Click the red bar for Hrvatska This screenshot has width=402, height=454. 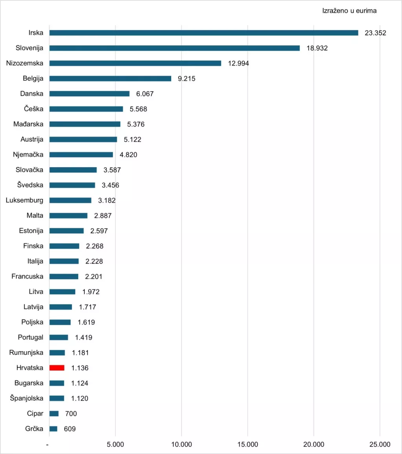(x=57, y=368)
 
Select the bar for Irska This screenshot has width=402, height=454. (x=204, y=33)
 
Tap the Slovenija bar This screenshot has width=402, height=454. (x=175, y=48)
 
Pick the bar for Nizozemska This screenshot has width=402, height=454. (x=135, y=63)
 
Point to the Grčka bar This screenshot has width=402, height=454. (x=53, y=429)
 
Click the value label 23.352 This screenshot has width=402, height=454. (x=375, y=33)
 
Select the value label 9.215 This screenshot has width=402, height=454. (x=186, y=79)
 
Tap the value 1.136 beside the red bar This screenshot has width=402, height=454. (x=80, y=368)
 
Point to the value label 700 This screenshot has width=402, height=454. (x=71, y=414)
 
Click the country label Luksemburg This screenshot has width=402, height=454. (x=25, y=200)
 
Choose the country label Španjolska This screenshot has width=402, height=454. (x=27, y=399)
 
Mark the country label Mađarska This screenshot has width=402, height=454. (x=28, y=124)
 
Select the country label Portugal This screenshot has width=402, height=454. (x=31, y=338)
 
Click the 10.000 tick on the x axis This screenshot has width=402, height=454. (x=181, y=445)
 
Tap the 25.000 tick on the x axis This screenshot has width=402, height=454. (x=380, y=445)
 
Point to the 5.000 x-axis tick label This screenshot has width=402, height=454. (x=115, y=445)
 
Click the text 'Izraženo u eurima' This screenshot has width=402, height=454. (x=349, y=11)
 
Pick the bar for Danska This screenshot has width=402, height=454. (x=89, y=94)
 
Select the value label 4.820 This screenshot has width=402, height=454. (x=128, y=155)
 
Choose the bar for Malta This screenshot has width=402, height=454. (x=68, y=216)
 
